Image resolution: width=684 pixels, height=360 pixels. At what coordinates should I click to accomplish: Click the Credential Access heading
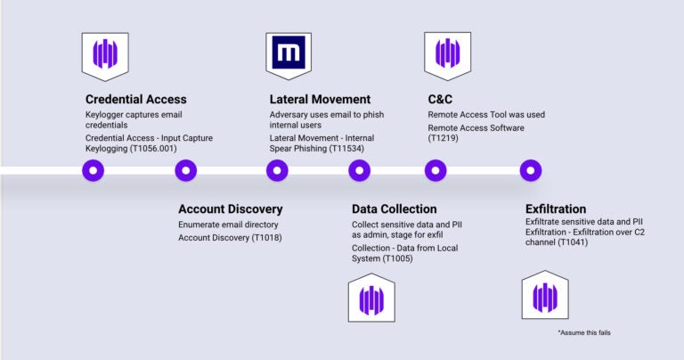(x=135, y=100)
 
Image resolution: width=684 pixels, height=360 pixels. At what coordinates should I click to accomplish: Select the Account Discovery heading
(x=231, y=209)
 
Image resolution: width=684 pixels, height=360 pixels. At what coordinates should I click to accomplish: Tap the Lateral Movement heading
(x=320, y=100)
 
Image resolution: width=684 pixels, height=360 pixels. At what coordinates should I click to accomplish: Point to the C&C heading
(x=440, y=100)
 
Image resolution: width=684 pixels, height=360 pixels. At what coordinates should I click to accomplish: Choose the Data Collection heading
(x=394, y=209)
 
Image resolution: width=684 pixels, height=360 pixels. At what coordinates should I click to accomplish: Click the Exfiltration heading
(x=556, y=209)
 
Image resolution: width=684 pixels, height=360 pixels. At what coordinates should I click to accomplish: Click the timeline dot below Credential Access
(x=93, y=170)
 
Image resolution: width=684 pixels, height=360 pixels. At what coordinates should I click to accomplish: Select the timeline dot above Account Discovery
(x=186, y=170)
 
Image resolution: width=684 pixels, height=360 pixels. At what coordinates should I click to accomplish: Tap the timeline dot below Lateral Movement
(x=277, y=170)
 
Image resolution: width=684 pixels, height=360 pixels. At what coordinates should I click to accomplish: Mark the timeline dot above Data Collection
(x=360, y=170)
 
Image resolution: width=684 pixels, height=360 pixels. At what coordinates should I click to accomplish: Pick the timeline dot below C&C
(x=436, y=170)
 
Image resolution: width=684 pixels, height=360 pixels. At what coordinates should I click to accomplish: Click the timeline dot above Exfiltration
(x=531, y=170)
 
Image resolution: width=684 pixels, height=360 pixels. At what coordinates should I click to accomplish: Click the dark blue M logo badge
(x=289, y=55)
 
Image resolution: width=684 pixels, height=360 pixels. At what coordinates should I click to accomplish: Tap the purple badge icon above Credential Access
(x=105, y=56)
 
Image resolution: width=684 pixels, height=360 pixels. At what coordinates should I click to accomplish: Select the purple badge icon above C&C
(x=448, y=56)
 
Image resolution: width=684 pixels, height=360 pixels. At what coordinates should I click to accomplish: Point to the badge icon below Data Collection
(x=371, y=298)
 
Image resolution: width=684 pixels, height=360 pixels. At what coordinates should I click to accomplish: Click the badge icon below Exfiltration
(x=545, y=295)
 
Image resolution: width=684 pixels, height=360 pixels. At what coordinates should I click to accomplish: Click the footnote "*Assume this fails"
(x=584, y=332)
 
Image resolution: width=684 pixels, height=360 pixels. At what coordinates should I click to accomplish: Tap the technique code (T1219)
(x=444, y=138)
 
